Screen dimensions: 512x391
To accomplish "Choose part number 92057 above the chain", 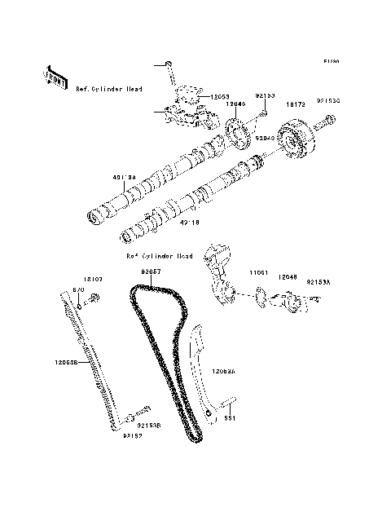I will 151,271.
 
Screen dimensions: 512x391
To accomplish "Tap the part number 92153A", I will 319,282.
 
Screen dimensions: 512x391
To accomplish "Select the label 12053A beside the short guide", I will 224,370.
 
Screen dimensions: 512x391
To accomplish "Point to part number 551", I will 231,418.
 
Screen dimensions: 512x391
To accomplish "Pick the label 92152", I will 133,435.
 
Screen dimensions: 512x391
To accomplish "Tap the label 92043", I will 264,138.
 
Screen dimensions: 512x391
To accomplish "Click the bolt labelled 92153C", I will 330,123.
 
